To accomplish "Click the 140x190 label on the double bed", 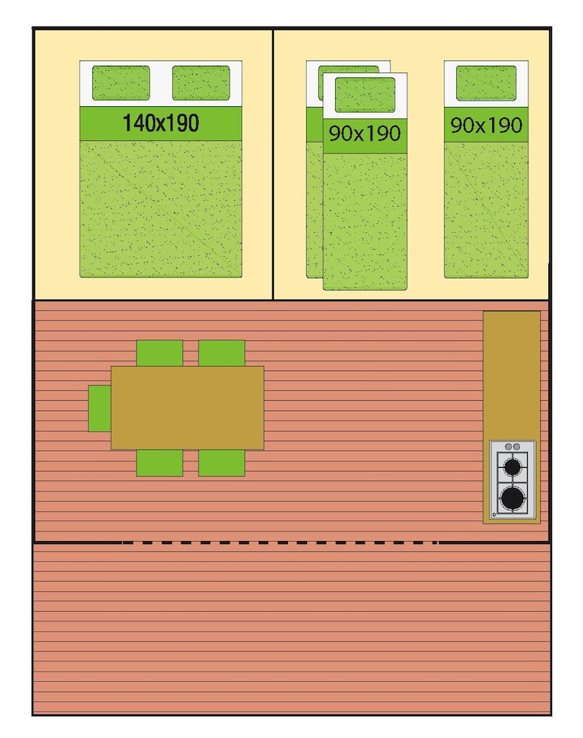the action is click(x=161, y=123).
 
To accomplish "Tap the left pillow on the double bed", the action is click(x=121, y=83).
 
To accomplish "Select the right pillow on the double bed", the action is click(x=201, y=83).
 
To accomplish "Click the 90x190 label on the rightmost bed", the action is click(x=486, y=125).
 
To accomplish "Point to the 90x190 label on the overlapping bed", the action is click(x=365, y=134).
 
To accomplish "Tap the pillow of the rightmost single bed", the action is click(x=486, y=83).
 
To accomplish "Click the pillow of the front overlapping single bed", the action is click(x=365, y=95).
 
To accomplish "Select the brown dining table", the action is click(x=187, y=407).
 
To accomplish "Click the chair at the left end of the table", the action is click(x=100, y=408).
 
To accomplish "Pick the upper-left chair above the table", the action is click(x=159, y=353).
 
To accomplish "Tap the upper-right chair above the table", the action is click(x=221, y=353).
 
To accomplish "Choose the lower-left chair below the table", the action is click(x=159, y=463).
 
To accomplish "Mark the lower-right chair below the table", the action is click(x=221, y=463).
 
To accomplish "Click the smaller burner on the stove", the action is click(x=512, y=467).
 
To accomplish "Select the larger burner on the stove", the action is click(x=512, y=498).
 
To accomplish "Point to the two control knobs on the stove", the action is click(x=512, y=446).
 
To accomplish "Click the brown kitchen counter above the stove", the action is click(x=511, y=376).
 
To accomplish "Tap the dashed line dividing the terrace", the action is click(x=280, y=542).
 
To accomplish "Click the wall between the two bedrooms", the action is click(x=273, y=165).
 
